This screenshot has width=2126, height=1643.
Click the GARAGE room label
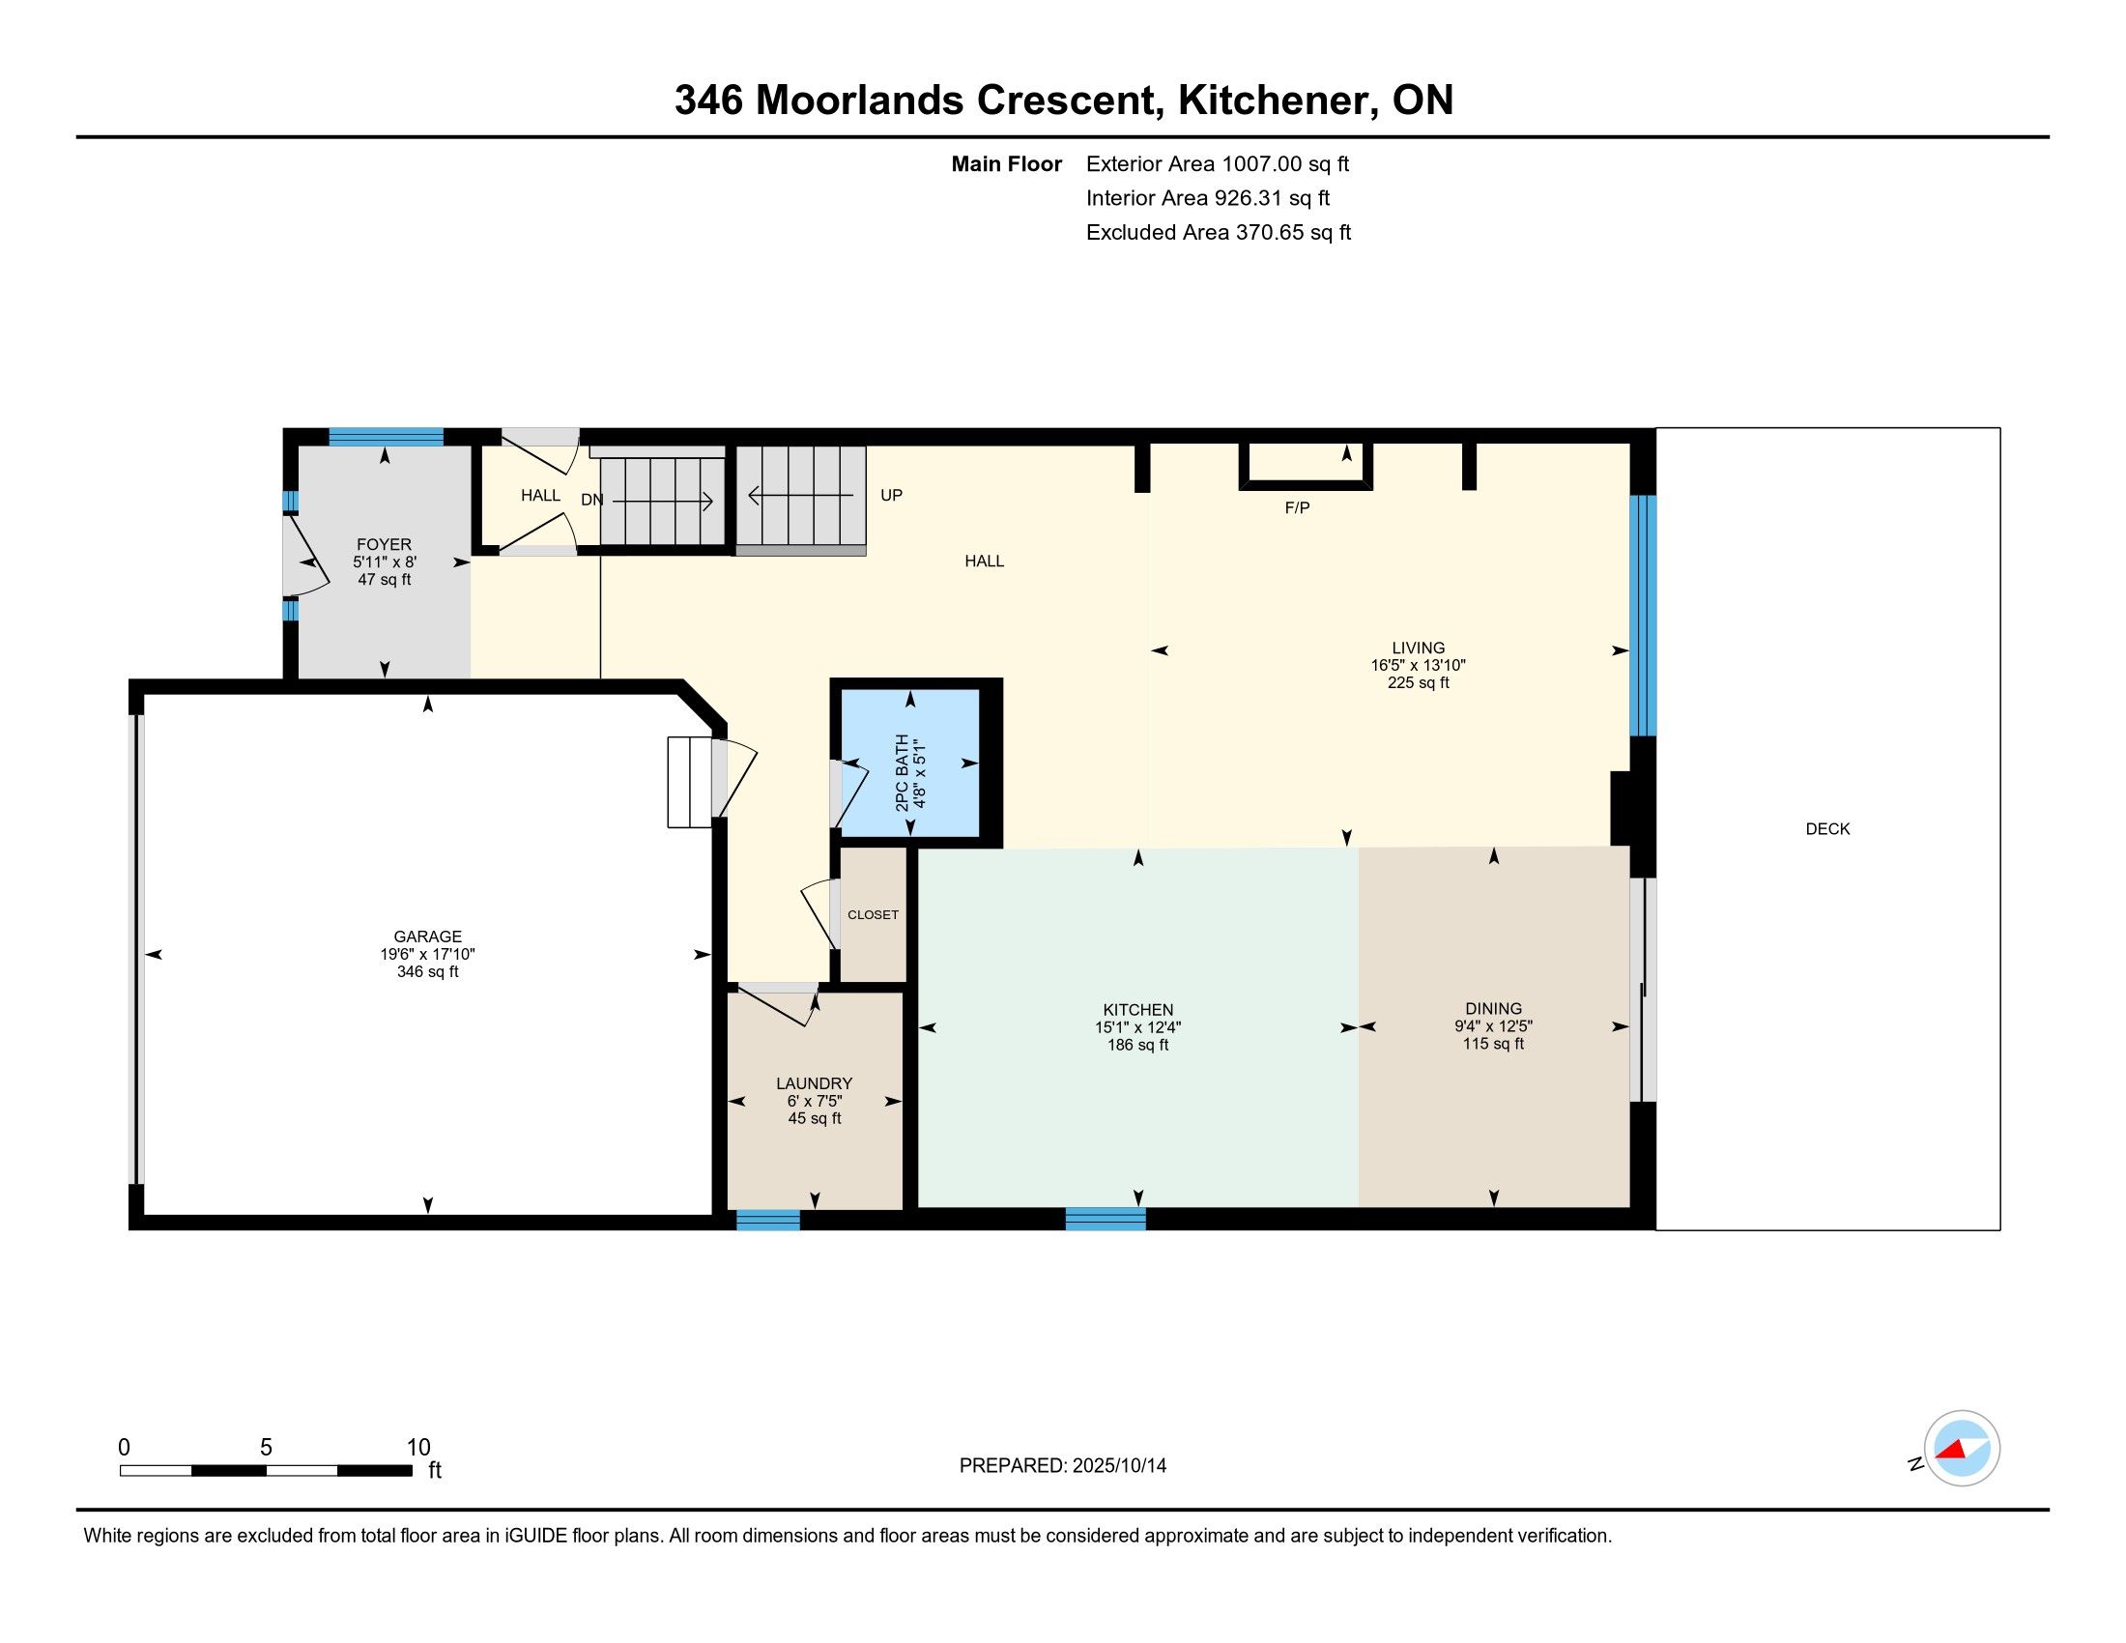click(x=427, y=937)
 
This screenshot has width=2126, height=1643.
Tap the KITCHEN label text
click(x=1138, y=1009)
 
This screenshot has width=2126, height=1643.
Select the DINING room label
click(x=1493, y=1008)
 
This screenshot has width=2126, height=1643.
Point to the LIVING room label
click(x=1419, y=648)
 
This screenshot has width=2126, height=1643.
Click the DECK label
click(x=1827, y=828)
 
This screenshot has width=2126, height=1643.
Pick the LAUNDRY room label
click(x=814, y=1083)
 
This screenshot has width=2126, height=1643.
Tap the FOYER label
click(x=384, y=544)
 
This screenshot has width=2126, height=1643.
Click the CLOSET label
click(x=874, y=915)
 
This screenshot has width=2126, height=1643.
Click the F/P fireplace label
click(x=1297, y=507)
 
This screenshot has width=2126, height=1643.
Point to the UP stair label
click(x=891, y=495)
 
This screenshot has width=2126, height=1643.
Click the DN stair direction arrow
click(x=663, y=501)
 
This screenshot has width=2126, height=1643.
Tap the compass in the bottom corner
click(x=1962, y=1449)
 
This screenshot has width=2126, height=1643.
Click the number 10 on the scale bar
click(x=418, y=1448)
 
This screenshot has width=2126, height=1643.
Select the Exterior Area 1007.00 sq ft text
click(x=1218, y=163)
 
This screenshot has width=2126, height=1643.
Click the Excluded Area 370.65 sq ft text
click(x=1219, y=232)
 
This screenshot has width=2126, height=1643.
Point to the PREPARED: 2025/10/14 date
click(x=1063, y=1465)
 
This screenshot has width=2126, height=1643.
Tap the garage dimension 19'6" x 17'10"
click(x=427, y=954)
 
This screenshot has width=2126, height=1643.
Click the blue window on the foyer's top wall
click(x=386, y=436)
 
